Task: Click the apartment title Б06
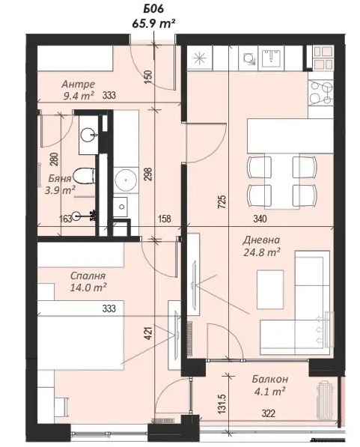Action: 153,9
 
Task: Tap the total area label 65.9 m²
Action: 153,23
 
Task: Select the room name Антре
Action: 78,85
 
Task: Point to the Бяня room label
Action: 60,178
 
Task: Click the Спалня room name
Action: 88,276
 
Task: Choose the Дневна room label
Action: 261,240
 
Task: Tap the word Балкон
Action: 270,379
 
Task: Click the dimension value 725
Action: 222,201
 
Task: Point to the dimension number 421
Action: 149,333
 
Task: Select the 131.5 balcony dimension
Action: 222,404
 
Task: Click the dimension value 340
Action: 260,219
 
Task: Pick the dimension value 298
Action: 149,174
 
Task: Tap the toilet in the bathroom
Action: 84,176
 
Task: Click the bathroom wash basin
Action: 88,135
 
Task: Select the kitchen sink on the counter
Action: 271,58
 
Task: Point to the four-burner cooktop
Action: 321,91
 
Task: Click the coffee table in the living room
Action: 270,289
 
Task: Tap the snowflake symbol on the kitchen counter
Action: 200,58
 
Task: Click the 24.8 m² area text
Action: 262,252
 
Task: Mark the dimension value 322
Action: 268,413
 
